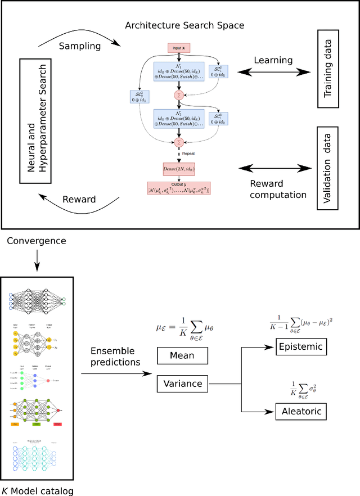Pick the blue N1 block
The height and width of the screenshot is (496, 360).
(179, 75)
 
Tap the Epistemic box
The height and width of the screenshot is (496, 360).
(301, 347)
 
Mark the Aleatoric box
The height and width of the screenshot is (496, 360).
(301, 412)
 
